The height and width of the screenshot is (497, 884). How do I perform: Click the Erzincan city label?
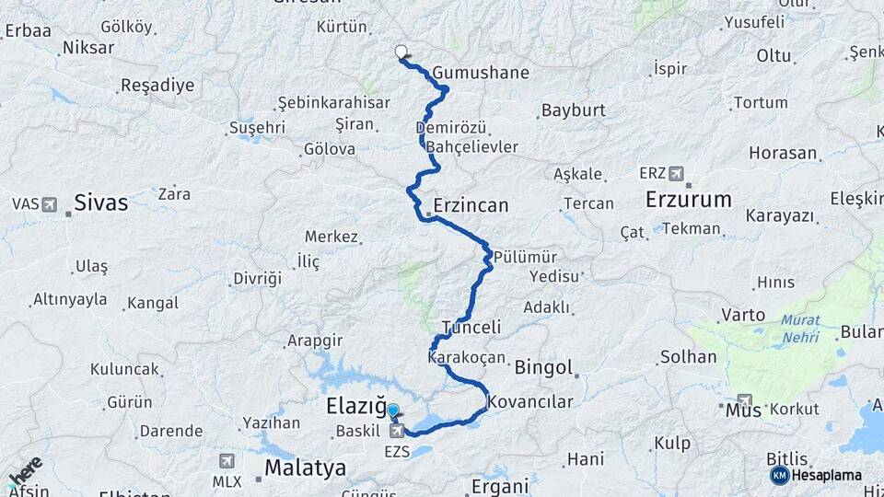click(471, 205)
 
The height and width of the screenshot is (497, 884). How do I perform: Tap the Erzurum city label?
click(688, 199)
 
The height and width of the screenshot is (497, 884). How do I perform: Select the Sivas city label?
click(100, 202)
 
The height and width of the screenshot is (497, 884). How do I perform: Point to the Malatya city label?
click(306, 468)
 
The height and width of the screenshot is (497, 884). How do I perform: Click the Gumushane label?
click(481, 73)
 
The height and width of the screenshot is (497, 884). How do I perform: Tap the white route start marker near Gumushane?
click(401, 52)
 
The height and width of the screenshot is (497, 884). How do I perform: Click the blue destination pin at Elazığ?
click(394, 412)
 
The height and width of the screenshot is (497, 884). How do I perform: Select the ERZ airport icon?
click(678, 173)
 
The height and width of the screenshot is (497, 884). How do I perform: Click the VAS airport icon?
click(48, 203)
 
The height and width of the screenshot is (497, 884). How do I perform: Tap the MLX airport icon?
click(227, 461)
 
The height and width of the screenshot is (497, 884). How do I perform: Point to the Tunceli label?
click(471, 327)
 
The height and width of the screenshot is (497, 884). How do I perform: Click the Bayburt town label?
click(573, 110)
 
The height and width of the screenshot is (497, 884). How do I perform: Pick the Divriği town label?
click(256, 278)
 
